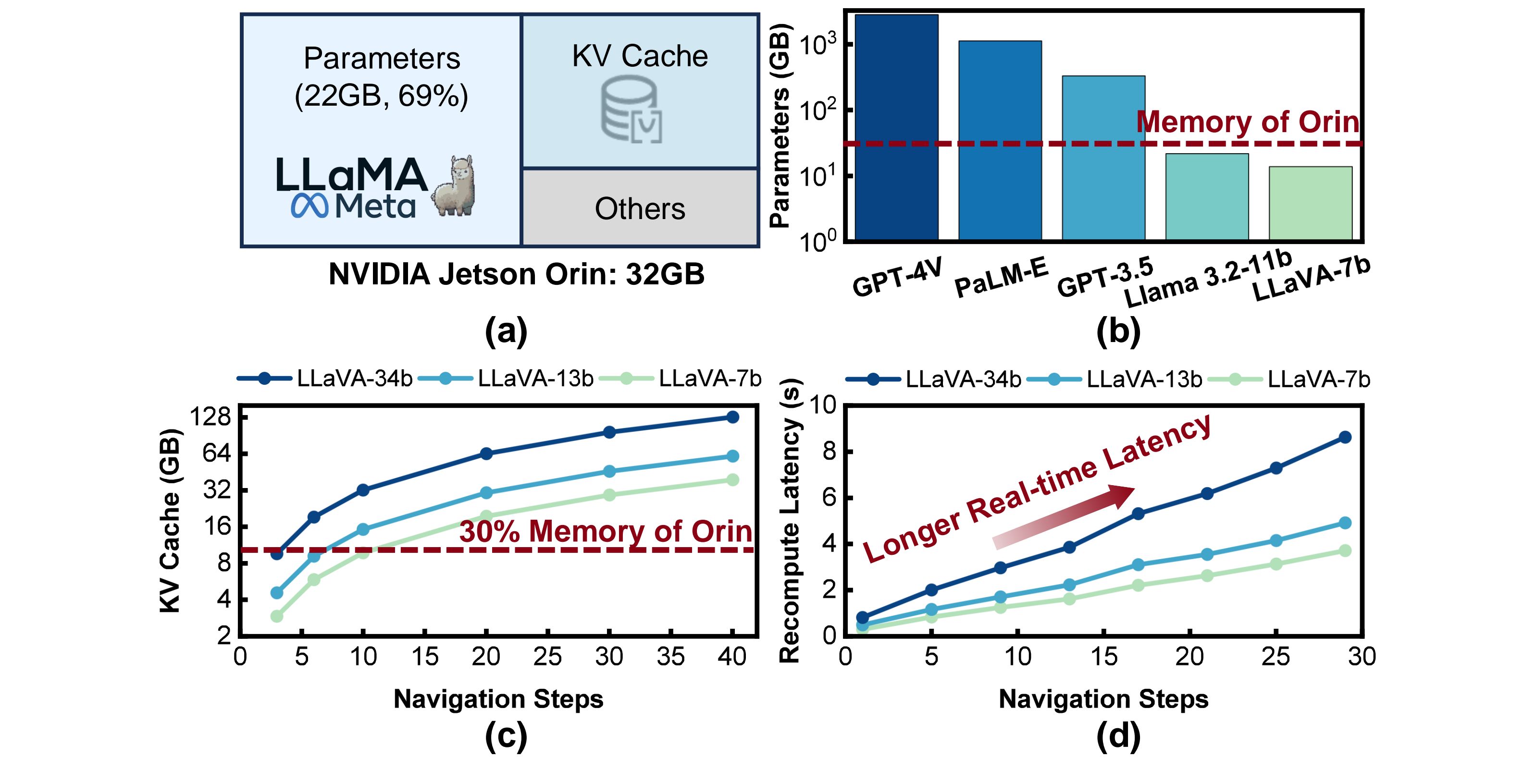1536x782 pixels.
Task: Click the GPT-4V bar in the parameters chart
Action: click(896, 126)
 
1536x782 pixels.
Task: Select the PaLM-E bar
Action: click(1000, 140)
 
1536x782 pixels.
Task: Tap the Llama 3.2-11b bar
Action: click(1207, 196)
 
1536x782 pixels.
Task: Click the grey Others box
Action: click(640, 208)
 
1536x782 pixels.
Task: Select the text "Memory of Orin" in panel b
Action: click(1248, 122)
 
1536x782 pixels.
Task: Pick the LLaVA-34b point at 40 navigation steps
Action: click(733, 416)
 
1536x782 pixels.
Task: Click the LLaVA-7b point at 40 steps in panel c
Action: click(733, 480)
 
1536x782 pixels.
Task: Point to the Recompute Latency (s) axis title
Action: click(790, 521)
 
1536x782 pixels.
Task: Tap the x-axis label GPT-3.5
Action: click(1105, 278)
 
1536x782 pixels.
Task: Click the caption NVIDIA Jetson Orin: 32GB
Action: click(516, 274)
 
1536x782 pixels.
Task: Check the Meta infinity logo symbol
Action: click(310, 206)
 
